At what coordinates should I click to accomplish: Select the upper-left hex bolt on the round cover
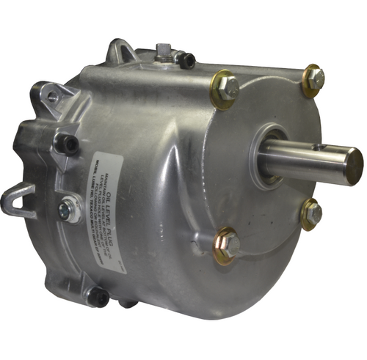(x=226, y=88)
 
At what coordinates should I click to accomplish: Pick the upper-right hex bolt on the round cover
(x=315, y=78)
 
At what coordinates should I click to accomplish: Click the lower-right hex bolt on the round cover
(x=313, y=213)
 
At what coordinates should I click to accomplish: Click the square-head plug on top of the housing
(x=163, y=52)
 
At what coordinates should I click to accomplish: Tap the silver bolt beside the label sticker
(x=70, y=212)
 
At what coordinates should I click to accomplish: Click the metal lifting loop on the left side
(x=18, y=199)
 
